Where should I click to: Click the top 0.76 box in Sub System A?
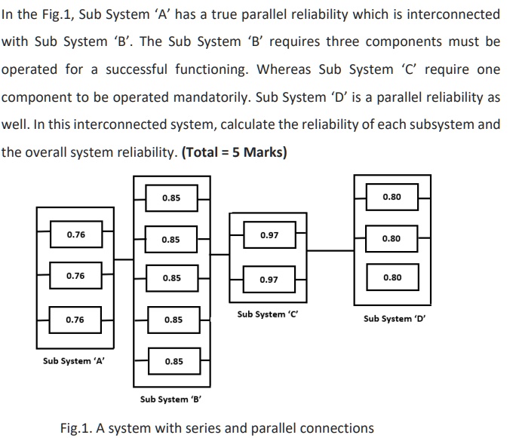coord(75,234)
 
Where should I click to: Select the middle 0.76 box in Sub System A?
coord(75,276)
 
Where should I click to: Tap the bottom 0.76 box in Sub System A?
coord(75,320)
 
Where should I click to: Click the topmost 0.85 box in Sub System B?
coord(171,198)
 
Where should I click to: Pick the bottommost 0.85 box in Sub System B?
coord(173,361)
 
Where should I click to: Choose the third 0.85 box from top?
coord(172,278)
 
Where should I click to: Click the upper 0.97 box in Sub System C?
coord(269,235)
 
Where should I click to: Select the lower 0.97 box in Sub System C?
coord(269,280)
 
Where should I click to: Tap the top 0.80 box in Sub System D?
coord(392,197)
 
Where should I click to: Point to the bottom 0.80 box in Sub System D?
coord(392,277)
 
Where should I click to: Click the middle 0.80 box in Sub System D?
coord(392,238)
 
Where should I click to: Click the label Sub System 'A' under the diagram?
coord(74,361)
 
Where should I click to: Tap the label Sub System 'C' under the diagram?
coord(268,314)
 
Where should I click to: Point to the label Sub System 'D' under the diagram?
coord(394,318)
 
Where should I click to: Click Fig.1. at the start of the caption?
coord(77,428)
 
